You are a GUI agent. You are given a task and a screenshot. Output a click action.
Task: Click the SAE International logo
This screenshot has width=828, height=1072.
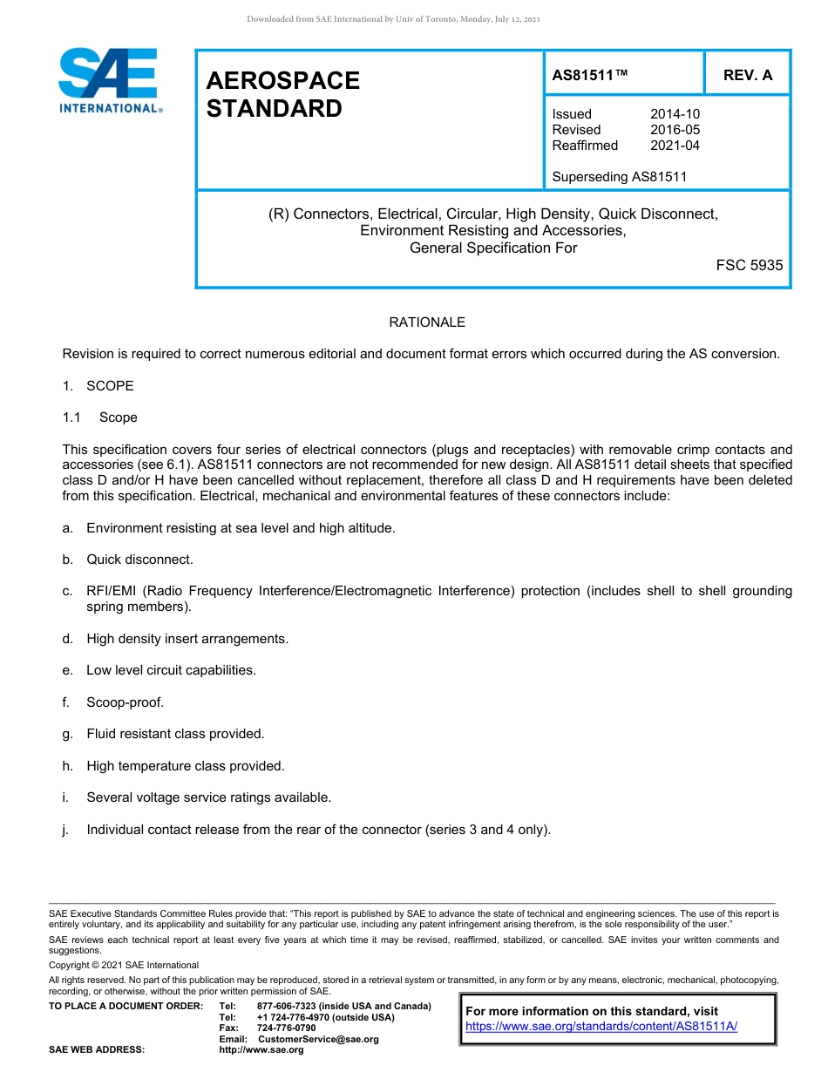pyautogui.click(x=108, y=80)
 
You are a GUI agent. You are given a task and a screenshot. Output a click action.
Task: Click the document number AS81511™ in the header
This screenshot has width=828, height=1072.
pyautogui.click(x=590, y=75)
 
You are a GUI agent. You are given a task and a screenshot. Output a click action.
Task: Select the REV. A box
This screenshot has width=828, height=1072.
pyautogui.click(x=747, y=75)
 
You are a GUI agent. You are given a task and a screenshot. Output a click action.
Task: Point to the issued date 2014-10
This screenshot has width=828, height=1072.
pyautogui.click(x=675, y=114)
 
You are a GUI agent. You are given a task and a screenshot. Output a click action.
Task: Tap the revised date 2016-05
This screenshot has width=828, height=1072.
pyautogui.click(x=675, y=130)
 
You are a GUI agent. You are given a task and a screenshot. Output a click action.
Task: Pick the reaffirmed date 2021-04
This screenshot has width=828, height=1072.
pyautogui.click(x=675, y=146)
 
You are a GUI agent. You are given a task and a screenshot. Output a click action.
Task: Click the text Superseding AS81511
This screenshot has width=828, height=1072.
pyautogui.click(x=620, y=177)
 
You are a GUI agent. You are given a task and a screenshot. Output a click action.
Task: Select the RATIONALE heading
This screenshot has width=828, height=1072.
pyautogui.click(x=427, y=322)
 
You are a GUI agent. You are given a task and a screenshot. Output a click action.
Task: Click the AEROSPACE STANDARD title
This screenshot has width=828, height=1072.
pyautogui.click(x=283, y=94)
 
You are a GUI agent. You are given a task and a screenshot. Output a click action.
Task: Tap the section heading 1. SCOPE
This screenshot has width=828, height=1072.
pyautogui.click(x=98, y=386)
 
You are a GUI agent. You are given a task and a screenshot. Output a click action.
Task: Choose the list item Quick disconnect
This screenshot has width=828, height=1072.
pyautogui.click(x=139, y=560)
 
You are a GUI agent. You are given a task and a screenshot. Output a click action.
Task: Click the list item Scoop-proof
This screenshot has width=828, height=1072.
pyautogui.click(x=125, y=702)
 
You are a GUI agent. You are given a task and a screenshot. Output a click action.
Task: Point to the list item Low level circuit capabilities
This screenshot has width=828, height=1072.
pyautogui.click(x=171, y=670)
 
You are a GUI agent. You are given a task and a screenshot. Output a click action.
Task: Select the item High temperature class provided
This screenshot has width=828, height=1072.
pyautogui.click(x=186, y=766)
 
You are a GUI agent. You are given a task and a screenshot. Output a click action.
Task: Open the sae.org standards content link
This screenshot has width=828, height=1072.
pyautogui.click(x=601, y=1027)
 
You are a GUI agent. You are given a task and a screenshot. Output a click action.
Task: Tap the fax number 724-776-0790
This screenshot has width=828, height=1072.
pyautogui.click(x=286, y=1028)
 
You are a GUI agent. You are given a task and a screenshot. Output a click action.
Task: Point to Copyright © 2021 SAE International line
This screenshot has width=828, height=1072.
pyautogui.click(x=124, y=965)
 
